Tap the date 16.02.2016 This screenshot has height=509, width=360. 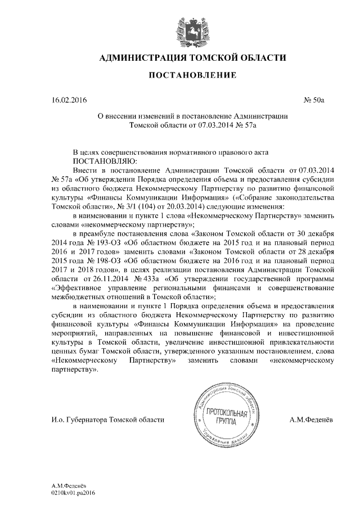coord(69,101)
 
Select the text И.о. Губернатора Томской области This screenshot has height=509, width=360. coord(107,420)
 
